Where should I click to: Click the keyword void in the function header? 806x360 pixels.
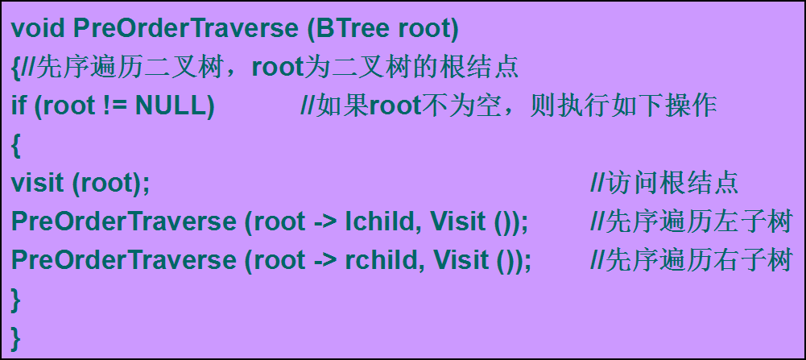pos(38,29)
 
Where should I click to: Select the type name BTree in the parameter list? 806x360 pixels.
pos(353,29)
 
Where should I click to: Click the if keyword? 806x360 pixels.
pos(19,106)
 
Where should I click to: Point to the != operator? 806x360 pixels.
pos(116,106)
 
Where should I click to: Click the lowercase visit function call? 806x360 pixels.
pos(39,184)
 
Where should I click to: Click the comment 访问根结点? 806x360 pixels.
pos(664,184)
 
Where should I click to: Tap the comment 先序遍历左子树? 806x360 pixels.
pos(690,221)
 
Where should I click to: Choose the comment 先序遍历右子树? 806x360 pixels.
pos(690,259)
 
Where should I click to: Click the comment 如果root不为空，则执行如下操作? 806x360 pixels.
pos(508,106)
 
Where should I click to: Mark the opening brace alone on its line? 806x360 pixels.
pos(15,146)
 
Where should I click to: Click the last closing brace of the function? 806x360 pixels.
pos(15,339)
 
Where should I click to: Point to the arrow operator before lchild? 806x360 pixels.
pos(324,222)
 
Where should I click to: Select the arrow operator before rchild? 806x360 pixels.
pos(324,261)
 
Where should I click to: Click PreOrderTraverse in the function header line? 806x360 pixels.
pos(185,29)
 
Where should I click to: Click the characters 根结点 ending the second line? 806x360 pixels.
pos(479,68)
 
